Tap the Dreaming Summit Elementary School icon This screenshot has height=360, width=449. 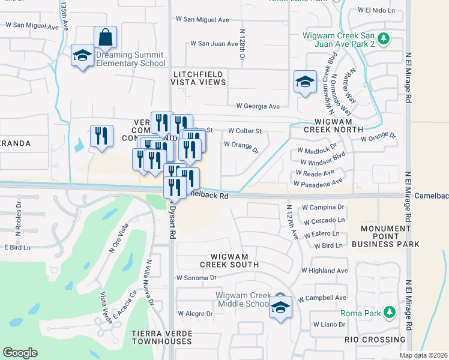pyautogui.click(x=82, y=56)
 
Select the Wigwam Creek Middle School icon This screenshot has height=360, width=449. pyautogui.click(x=280, y=307)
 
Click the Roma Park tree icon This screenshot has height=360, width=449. pyautogui.click(x=389, y=313)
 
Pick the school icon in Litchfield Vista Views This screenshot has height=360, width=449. pyautogui.click(x=305, y=82)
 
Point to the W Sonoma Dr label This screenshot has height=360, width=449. pyautogui.click(x=196, y=278)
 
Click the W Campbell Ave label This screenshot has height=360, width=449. pyautogui.click(x=324, y=298)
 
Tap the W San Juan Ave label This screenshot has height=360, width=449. pyautogui.click(x=214, y=43)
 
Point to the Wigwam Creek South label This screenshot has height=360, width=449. pyautogui.click(x=229, y=260)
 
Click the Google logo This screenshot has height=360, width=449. pyautogui.click(x=20, y=353)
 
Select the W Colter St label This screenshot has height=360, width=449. pyautogui.click(x=245, y=130)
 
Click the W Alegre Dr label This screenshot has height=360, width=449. pyautogui.click(x=196, y=313)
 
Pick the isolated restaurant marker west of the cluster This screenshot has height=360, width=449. pyautogui.click(x=101, y=135)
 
